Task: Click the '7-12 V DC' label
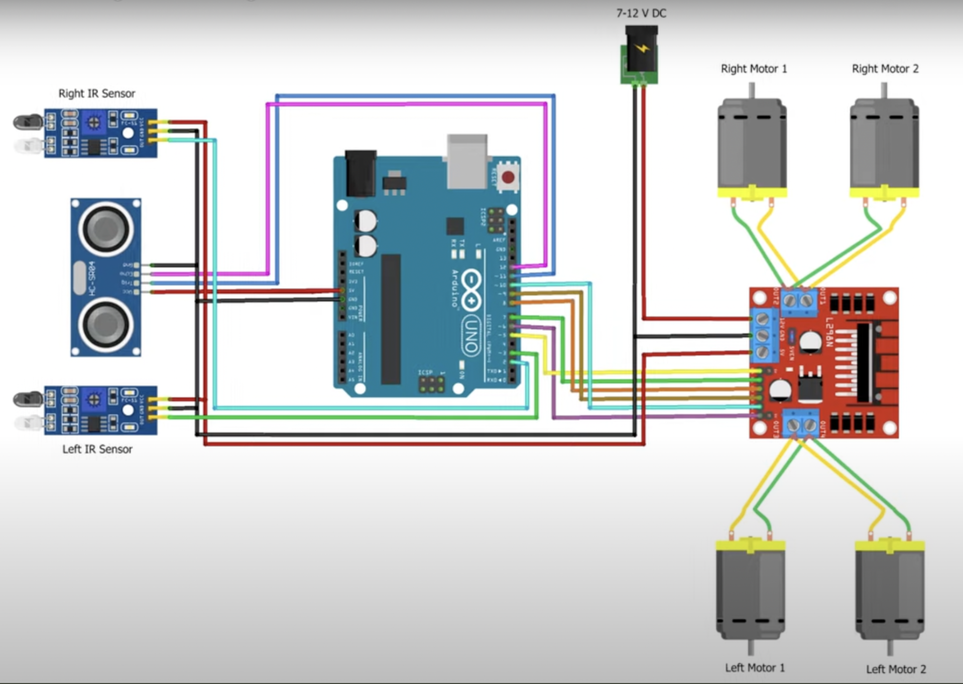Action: click(641, 14)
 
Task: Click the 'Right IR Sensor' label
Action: click(96, 93)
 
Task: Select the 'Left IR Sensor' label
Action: click(97, 449)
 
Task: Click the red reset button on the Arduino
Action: click(508, 177)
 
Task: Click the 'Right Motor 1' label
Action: click(754, 69)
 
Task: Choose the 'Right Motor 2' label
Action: click(885, 69)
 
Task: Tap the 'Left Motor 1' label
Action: click(754, 667)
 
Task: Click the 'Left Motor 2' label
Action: click(896, 669)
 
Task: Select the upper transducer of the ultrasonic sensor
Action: click(106, 229)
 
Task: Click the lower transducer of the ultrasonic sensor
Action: click(106, 324)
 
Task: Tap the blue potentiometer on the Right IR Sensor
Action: click(94, 122)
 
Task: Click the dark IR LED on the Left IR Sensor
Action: click(28, 400)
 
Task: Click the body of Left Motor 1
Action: click(751, 590)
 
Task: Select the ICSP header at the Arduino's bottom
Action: click(432, 384)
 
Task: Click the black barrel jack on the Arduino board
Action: click(360, 173)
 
